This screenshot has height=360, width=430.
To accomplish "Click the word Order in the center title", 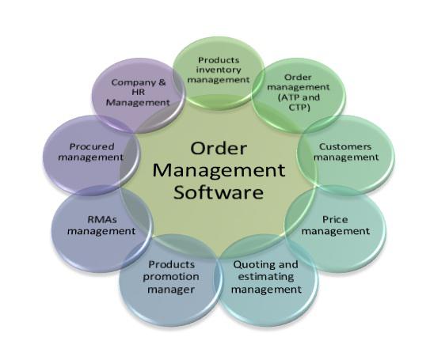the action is point(219,148).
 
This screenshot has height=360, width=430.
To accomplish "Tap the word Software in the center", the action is point(219,192).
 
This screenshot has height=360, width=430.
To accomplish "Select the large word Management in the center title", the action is point(219,171).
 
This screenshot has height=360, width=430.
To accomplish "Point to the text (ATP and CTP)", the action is point(299,102).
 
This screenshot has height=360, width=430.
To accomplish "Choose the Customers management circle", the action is point(345,154).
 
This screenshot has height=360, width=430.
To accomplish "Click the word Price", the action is point(335,219).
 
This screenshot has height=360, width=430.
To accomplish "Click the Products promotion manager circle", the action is point(170,280).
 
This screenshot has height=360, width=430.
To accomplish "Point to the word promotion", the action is point(171,277).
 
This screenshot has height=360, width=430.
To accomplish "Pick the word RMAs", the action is point(102,219).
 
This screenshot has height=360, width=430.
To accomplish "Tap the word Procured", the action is point(92,146).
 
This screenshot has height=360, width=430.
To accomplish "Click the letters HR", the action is point(138,92).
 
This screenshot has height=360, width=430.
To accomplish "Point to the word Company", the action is point(131,83).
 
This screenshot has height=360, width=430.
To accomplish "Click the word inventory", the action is point(219,70).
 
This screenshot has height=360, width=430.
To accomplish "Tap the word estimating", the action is point(266,277).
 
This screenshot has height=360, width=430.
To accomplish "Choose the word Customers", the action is point(345,146).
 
